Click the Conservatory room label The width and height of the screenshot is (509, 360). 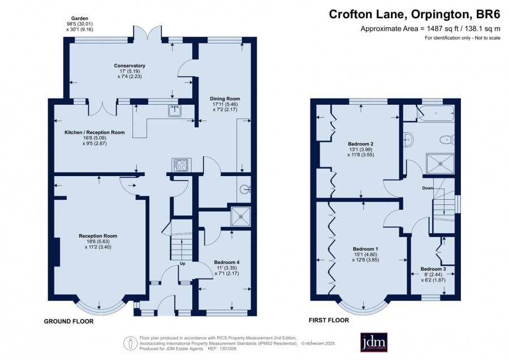(x=130, y=66)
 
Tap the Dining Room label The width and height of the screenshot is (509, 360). (x=225, y=98)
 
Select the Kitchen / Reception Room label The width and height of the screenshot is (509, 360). (x=94, y=132)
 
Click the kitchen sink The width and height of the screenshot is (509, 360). (x=175, y=111)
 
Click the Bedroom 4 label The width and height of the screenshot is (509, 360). (x=227, y=262)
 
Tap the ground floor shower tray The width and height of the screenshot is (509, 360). (x=240, y=217)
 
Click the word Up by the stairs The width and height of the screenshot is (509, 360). (x=183, y=264)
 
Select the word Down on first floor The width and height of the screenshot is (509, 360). (x=428, y=188)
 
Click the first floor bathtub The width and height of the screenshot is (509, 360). (x=435, y=113)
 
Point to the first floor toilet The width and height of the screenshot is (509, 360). (x=447, y=140)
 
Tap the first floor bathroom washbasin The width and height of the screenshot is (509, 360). (x=408, y=139)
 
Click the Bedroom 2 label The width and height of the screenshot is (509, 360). (x=361, y=144)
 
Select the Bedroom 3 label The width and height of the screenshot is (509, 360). (x=433, y=269)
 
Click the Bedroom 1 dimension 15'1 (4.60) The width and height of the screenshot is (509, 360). (x=365, y=255)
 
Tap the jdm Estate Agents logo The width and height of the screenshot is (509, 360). (x=374, y=342)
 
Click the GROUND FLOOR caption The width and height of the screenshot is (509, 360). (x=69, y=322)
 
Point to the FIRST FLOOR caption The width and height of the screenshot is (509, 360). (x=329, y=320)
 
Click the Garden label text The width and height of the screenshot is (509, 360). (x=80, y=19)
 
